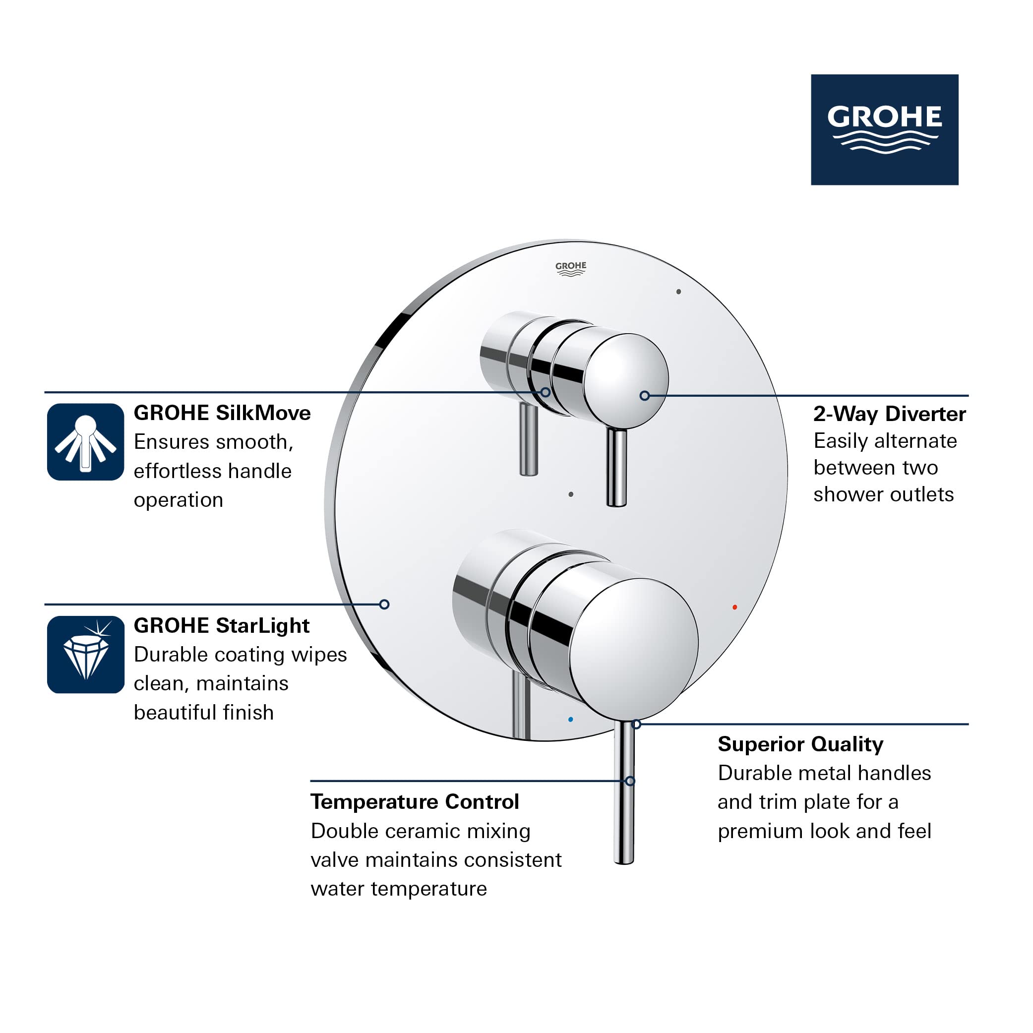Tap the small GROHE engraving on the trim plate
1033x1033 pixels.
point(570,268)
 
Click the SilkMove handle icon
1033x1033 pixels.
point(86,442)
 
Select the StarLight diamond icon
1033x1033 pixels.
point(86,655)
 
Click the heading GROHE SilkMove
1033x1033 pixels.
point(222,413)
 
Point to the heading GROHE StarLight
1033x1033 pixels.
point(221,625)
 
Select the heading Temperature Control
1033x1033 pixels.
point(415,802)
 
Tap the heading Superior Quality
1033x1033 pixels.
point(800,744)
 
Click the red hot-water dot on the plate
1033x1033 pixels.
point(734,608)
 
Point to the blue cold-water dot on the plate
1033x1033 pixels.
point(570,720)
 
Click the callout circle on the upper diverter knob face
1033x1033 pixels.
point(644,396)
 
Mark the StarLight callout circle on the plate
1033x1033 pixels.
point(384,604)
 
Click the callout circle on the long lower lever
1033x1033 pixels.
point(630,781)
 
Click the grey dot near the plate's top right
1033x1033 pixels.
point(678,292)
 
